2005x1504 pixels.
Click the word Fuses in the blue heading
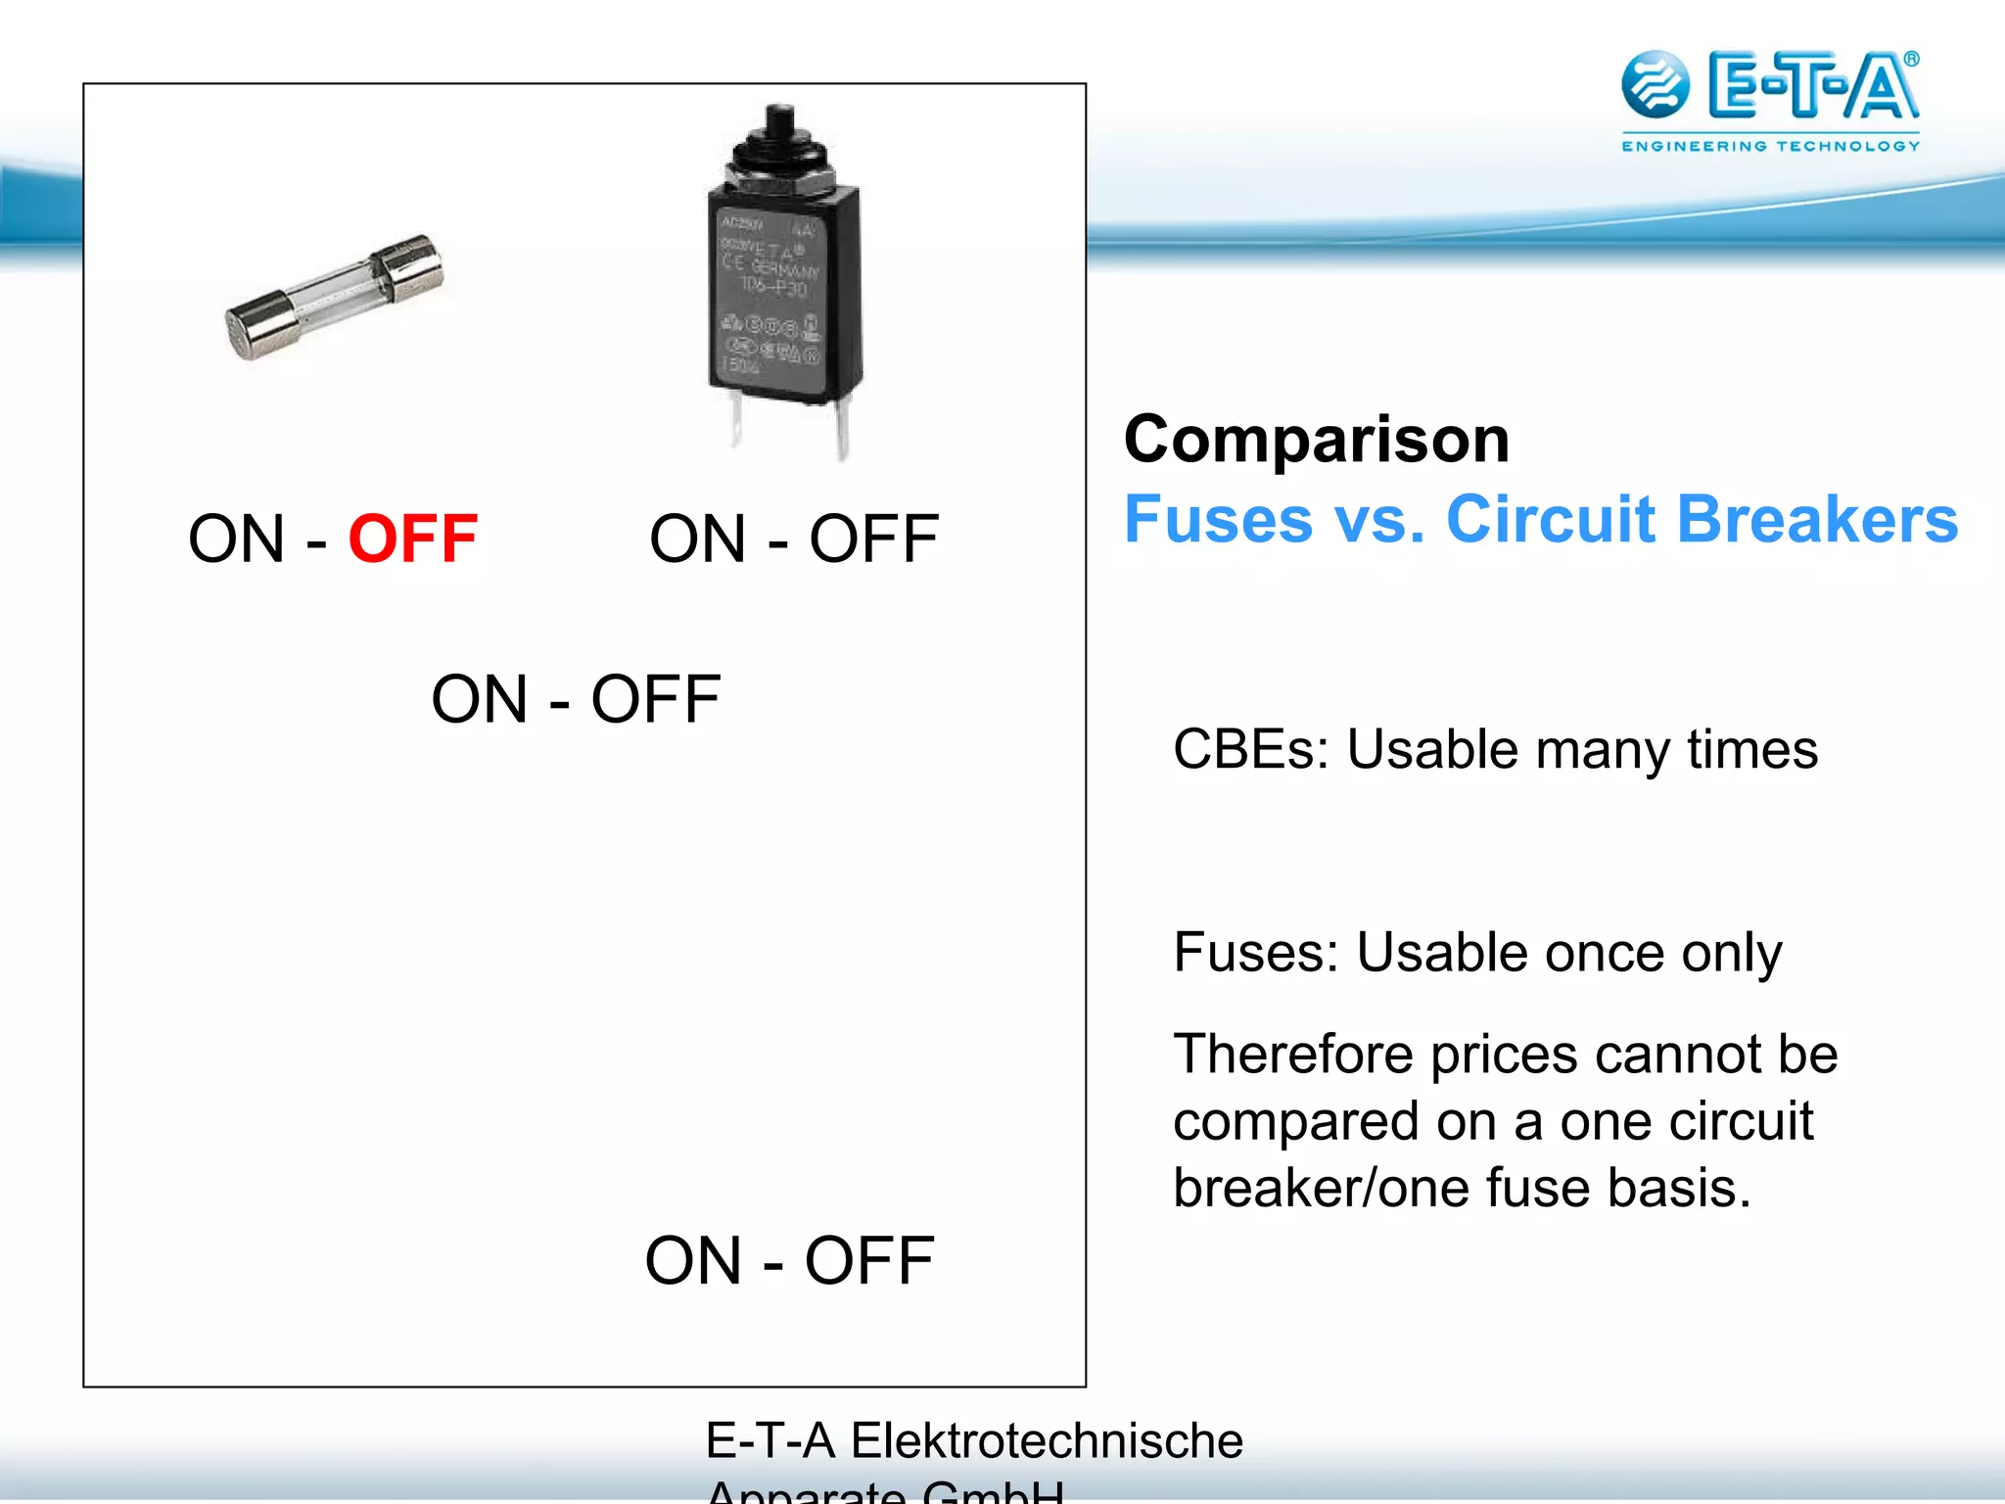click(1218, 519)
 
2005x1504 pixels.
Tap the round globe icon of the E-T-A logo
click(1655, 84)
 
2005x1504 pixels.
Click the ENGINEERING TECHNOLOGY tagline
click(1770, 146)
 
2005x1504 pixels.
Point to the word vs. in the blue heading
click(1379, 519)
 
